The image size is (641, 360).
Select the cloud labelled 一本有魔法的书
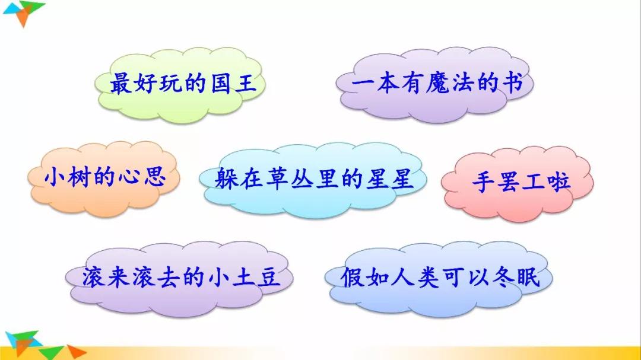coord(435,84)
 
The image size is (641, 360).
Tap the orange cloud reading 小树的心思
coord(104,177)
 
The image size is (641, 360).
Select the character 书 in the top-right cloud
coord(511,84)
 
